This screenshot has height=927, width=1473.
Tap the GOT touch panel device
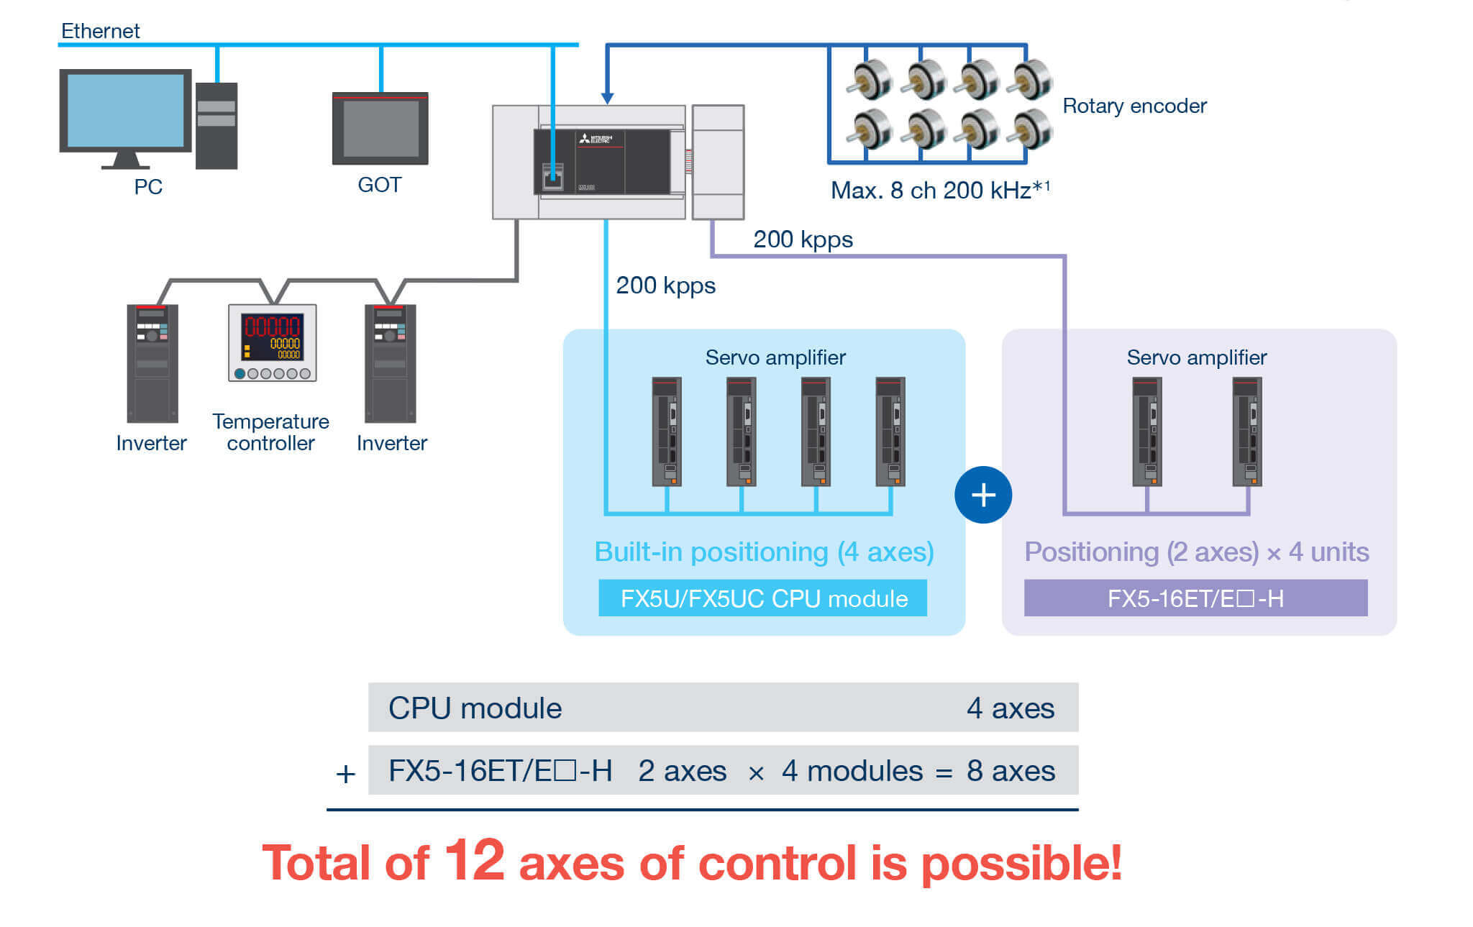coord(380,129)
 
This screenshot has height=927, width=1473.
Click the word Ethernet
coord(100,31)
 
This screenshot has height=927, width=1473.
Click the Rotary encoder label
coord(1134,106)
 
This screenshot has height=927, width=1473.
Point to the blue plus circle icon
coord(982,495)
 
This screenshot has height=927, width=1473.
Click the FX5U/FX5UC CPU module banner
coord(762,598)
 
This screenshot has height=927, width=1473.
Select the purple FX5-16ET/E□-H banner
coord(1195,598)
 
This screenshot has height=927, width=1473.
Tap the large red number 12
coord(474,859)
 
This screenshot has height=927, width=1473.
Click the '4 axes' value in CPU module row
coord(1010,708)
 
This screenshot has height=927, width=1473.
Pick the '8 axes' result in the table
coord(1011,771)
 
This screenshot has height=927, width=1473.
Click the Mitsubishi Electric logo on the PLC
coord(596,138)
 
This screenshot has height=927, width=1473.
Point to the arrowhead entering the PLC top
coord(608,98)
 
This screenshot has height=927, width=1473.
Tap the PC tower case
coord(216,126)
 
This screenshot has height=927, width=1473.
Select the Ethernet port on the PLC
coord(552,176)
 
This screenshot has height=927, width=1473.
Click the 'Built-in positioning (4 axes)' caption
coord(764,552)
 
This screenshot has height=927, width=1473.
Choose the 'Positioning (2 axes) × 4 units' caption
coord(1196,552)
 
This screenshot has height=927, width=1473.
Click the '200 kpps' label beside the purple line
coord(803,239)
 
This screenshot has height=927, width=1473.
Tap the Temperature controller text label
coord(270,432)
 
